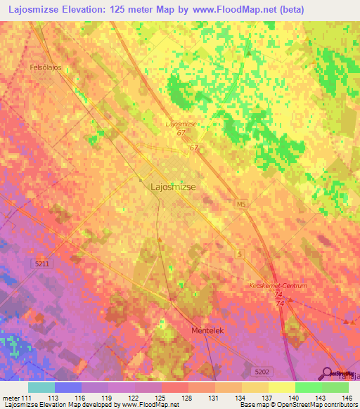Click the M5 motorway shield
[242, 204]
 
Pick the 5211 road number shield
[43, 264]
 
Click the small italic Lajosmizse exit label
[181, 124]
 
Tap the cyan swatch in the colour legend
[41, 387]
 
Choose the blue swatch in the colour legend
[68, 387]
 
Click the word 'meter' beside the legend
[11, 398]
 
